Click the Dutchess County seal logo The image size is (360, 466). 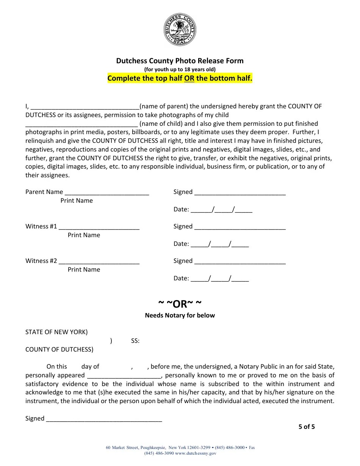[180, 30]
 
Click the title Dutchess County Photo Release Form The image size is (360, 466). [180, 61]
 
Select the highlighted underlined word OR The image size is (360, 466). [189, 78]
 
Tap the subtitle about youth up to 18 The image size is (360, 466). [180, 69]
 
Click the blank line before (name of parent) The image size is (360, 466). [85, 107]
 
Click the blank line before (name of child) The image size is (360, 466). [81, 124]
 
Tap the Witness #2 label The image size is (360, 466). [41, 261]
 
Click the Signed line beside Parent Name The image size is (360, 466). [239, 192]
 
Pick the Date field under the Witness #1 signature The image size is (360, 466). [220, 244]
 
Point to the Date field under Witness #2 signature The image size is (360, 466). [220, 278]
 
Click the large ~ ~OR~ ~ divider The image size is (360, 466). [180, 304]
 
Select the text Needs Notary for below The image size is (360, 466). [180, 315]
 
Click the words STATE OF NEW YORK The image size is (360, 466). [56, 332]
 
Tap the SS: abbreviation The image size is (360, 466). [135, 341]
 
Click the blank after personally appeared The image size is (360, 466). [124, 376]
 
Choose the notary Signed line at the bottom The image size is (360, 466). [104, 419]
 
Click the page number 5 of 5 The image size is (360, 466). [307, 427]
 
